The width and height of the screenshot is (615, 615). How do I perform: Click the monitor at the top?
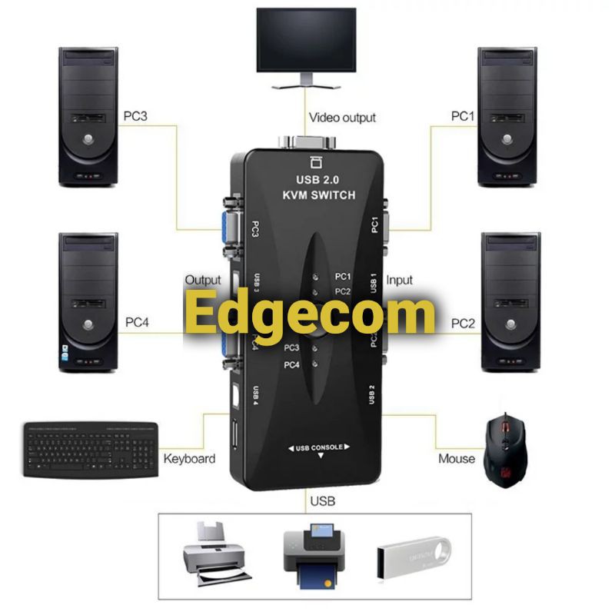coord(306,42)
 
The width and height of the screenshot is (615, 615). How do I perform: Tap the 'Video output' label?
coord(342,118)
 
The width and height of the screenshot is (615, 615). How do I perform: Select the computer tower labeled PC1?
coord(507,116)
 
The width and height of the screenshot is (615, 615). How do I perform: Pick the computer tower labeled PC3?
coord(88,116)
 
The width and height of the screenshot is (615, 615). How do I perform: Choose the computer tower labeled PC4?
coord(88,301)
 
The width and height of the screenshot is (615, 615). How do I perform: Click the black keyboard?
coord(91,448)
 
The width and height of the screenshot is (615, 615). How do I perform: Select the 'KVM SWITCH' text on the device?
coord(318,195)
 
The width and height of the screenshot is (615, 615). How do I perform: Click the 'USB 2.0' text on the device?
coord(317,180)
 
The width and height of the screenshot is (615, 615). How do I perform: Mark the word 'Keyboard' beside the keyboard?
coord(189,459)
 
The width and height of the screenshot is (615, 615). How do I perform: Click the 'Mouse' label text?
coord(457,459)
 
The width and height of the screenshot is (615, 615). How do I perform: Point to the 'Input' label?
coord(400,281)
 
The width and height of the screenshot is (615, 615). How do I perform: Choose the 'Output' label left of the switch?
coord(202,281)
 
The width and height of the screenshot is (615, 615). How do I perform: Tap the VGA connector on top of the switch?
coord(307,145)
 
